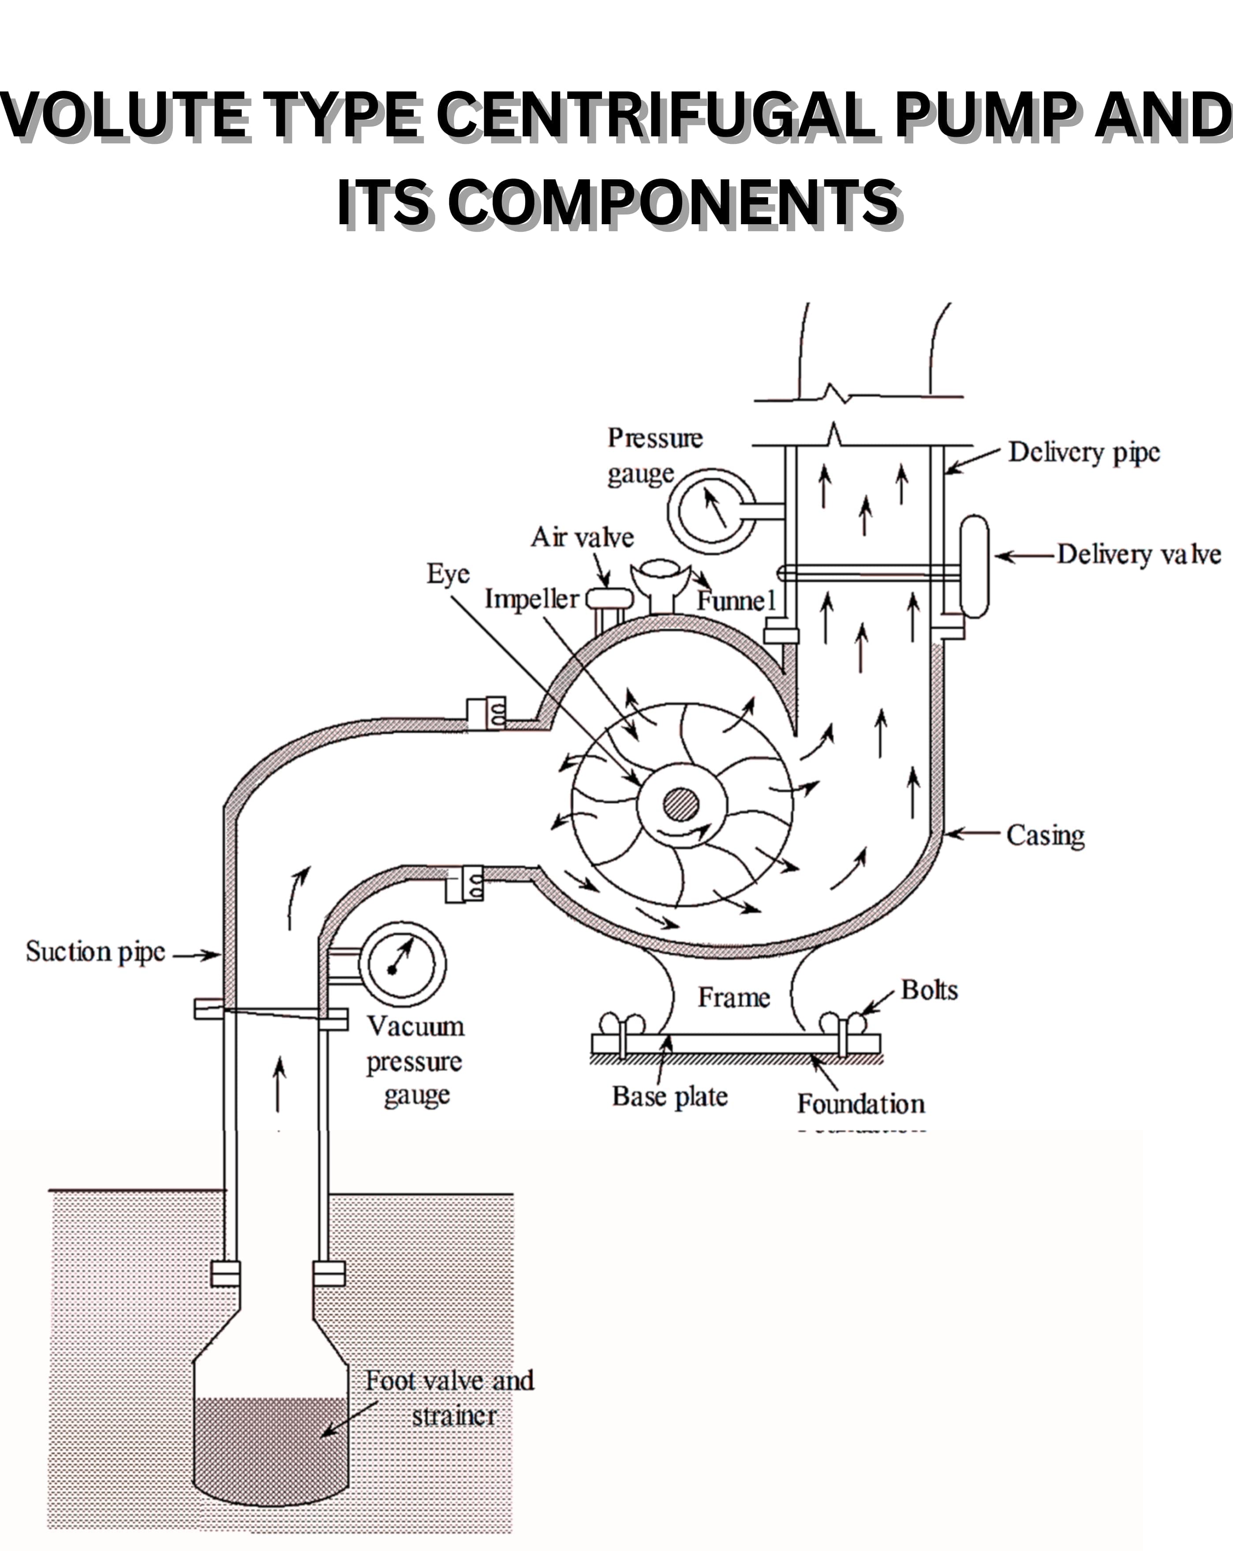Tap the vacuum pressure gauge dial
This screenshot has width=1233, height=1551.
(x=403, y=965)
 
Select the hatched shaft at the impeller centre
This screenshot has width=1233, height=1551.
(x=681, y=804)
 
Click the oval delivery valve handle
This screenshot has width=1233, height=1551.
(x=974, y=566)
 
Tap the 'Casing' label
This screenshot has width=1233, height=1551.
(x=1045, y=836)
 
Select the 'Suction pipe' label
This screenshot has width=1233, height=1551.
(x=96, y=952)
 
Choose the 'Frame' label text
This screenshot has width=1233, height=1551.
(x=734, y=998)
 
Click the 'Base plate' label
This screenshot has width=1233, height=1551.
(x=670, y=1096)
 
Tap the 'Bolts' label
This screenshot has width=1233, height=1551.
(x=930, y=990)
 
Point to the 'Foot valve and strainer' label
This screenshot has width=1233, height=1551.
(x=451, y=1398)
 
